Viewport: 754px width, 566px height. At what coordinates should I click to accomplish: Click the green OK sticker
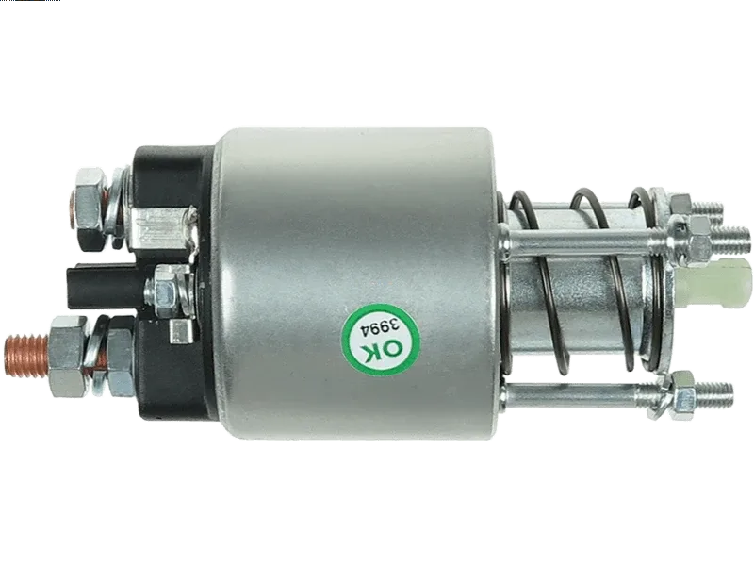(x=381, y=341)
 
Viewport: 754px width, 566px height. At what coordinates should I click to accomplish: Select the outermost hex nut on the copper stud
(x=68, y=357)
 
